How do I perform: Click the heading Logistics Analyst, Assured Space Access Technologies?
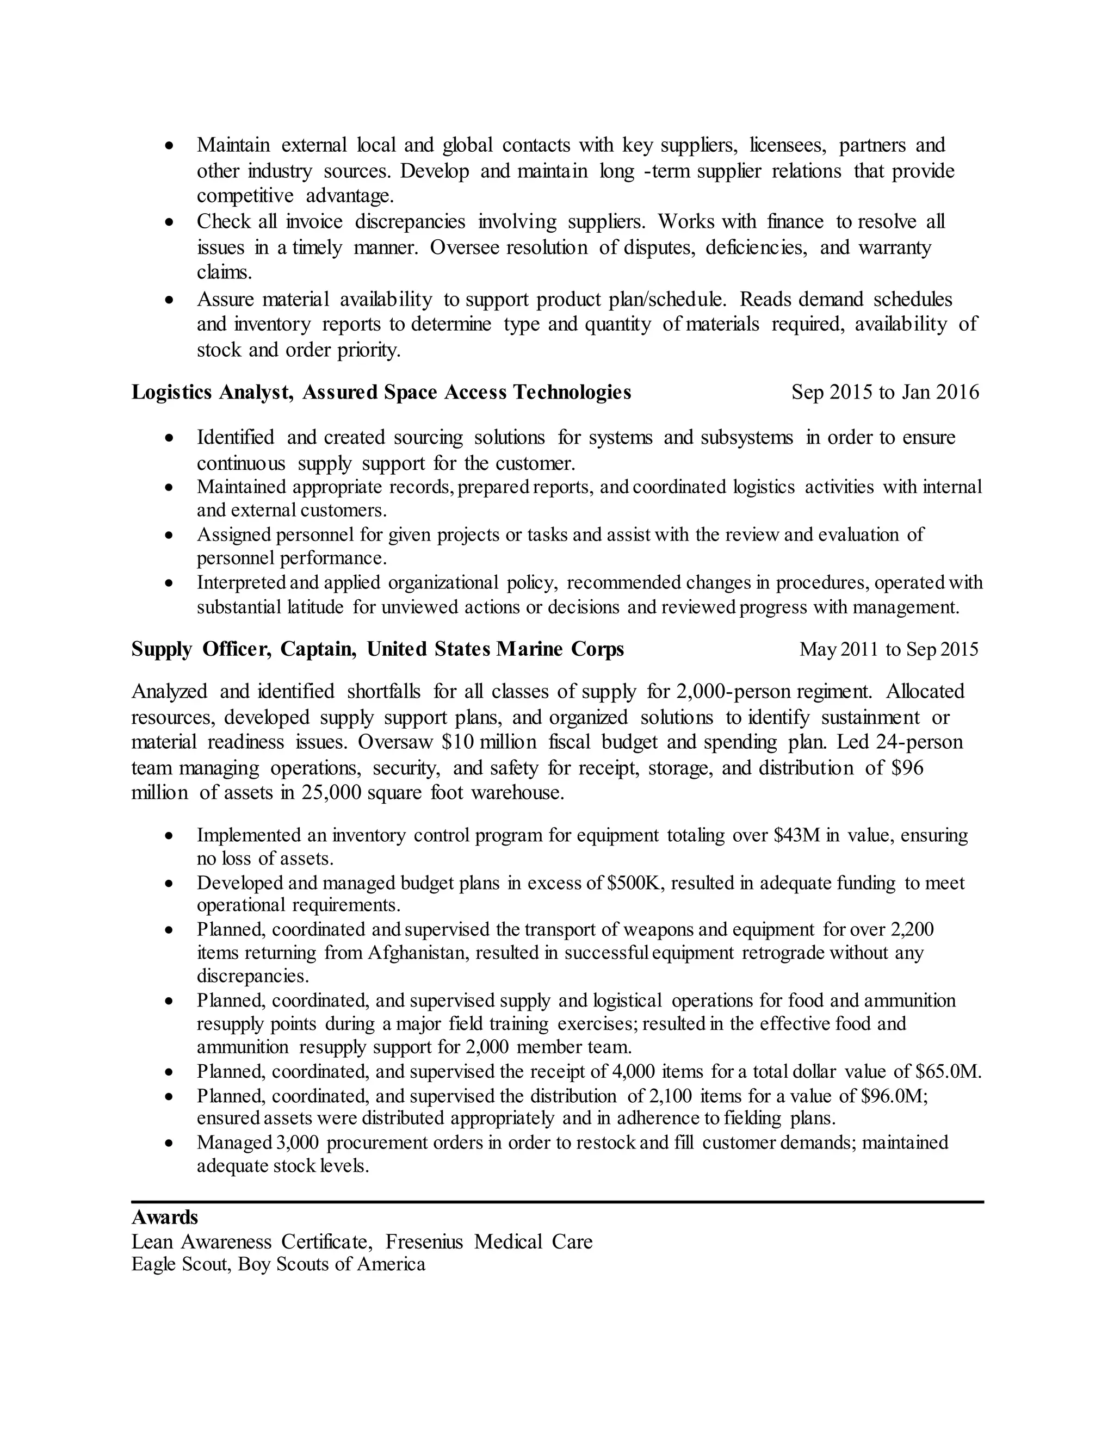click(x=381, y=393)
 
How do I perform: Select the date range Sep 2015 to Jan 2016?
click(x=885, y=393)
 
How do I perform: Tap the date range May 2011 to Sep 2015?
click(x=888, y=649)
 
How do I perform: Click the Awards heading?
click(x=164, y=1216)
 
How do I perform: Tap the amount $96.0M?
click(x=895, y=1096)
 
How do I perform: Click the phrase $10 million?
click(x=489, y=742)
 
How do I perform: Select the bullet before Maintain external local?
click(x=170, y=145)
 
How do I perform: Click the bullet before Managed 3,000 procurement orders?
click(x=170, y=1143)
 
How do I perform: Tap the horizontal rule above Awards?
click(x=557, y=1202)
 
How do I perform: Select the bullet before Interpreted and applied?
click(x=170, y=583)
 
